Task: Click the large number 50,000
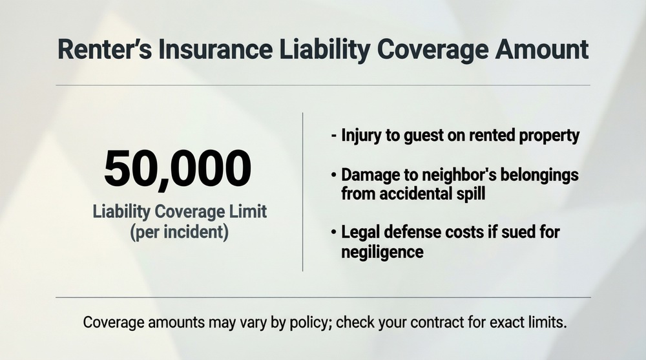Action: pos(177,169)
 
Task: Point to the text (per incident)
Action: pos(178,231)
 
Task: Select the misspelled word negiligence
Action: pos(382,251)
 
